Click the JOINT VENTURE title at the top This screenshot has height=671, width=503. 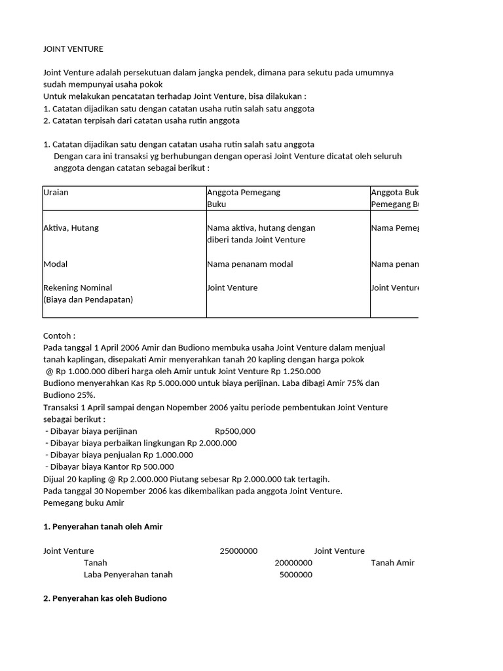[x=73, y=49]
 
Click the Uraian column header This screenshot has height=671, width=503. [x=56, y=193]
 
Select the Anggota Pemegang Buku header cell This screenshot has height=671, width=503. [x=244, y=198]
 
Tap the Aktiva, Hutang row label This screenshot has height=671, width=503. [x=71, y=228]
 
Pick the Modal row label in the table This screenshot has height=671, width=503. [x=56, y=264]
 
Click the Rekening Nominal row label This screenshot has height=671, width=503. [x=78, y=288]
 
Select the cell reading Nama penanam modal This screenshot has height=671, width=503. [x=250, y=264]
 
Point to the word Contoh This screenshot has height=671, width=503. [x=59, y=335]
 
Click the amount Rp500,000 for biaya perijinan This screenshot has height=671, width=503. [x=235, y=431]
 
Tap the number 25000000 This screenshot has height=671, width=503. [x=238, y=551]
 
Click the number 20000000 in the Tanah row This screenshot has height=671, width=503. [x=293, y=563]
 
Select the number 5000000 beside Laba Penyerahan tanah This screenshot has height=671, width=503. [x=296, y=575]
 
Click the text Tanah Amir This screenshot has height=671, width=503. [x=392, y=563]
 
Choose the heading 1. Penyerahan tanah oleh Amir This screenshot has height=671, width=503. [x=103, y=527]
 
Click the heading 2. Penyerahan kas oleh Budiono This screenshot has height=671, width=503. [x=105, y=598]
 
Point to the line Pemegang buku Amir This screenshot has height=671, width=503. [x=83, y=503]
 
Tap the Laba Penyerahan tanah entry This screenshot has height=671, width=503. [x=128, y=575]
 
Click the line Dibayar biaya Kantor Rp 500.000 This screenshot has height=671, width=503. [x=109, y=467]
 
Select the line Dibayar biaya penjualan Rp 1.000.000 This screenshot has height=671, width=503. [x=119, y=455]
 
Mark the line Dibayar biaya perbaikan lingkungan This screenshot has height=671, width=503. [x=141, y=443]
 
